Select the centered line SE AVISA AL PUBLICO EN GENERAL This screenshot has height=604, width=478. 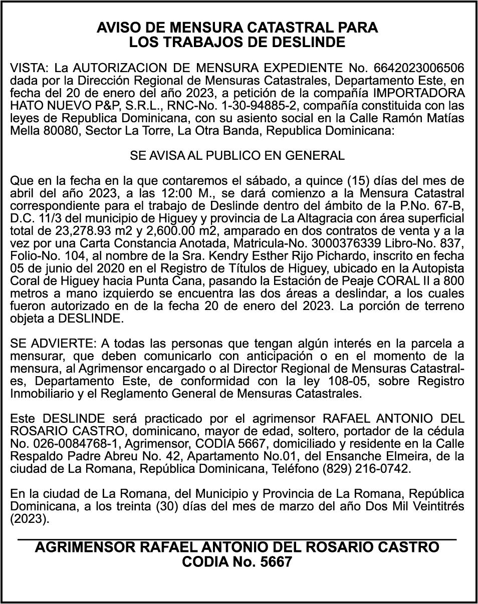(237, 155)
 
